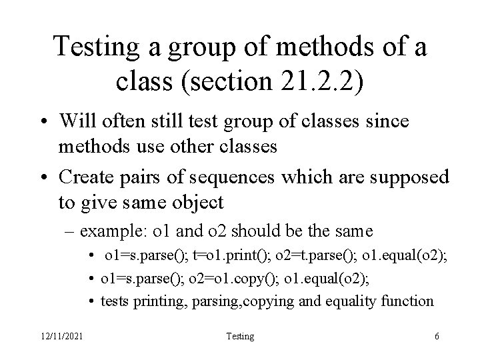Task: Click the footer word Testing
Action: click(x=240, y=337)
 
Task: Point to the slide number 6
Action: click(x=436, y=337)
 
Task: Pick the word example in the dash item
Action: click(x=115, y=231)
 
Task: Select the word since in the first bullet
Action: click(x=390, y=121)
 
